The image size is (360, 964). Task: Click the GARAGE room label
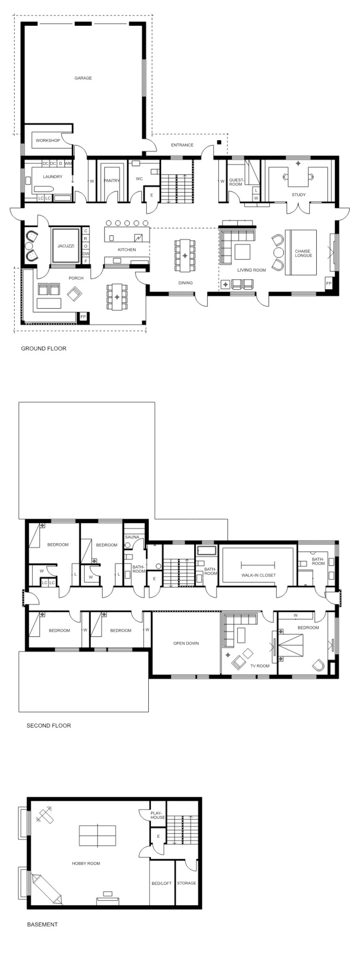[x=83, y=78]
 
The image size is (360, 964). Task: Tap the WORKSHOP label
[x=48, y=141]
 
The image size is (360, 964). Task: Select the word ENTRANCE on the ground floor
[x=182, y=145]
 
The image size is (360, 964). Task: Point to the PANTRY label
[x=112, y=181]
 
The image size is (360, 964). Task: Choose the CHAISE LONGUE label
[x=303, y=253]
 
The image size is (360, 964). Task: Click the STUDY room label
[x=298, y=194]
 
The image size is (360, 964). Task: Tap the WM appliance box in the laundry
[x=68, y=163]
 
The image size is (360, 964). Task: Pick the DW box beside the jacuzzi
[x=86, y=253]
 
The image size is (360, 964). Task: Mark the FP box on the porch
[x=83, y=317]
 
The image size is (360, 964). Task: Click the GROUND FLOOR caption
[x=44, y=348]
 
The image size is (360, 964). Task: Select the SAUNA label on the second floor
[x=132, y=537]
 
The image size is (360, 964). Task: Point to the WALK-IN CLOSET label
[x=259, y=575]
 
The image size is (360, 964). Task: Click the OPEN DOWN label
[x=186, y=643]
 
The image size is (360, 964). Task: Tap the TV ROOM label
[x=260, y=666]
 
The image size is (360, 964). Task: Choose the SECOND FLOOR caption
[x=49, y=725]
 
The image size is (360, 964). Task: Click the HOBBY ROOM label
[x=86, y=863]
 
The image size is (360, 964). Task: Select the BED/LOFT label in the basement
[x=162, y=883]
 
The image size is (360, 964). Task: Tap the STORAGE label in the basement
[x=186, y=883]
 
